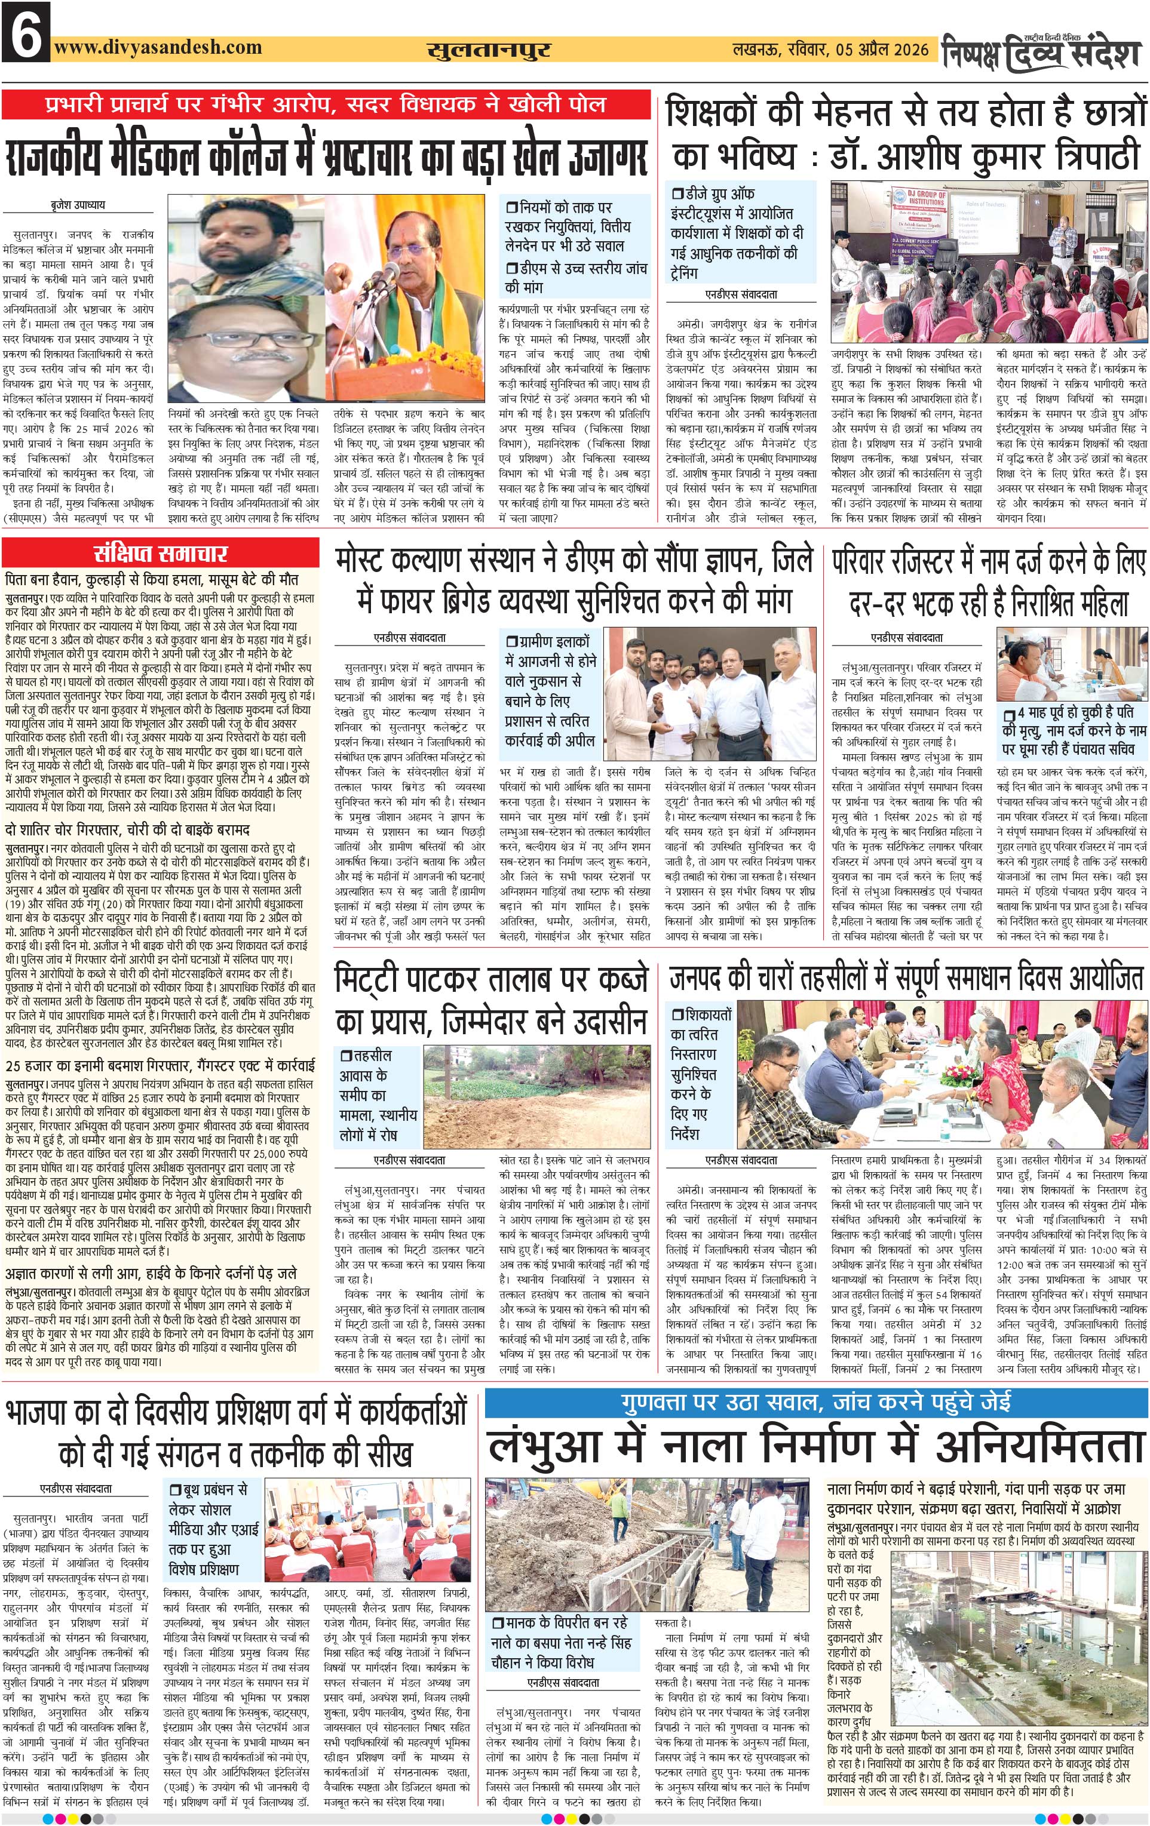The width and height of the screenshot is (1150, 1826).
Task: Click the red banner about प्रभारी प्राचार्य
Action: (326, 104)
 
